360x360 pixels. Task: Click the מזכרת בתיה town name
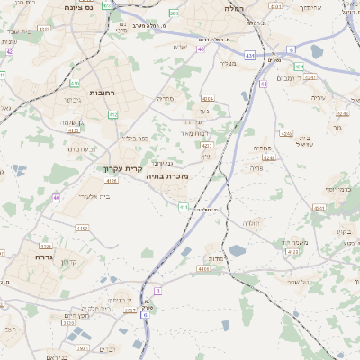pyautogui.click(x=166, y=177)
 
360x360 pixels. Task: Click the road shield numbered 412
pyautogui.click(x=113, y=114)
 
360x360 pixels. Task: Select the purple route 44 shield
pyautogui.click(x=264, y=84)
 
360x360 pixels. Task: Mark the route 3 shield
pyautogui.click(x=157, y=290)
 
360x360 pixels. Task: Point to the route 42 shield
pyautogui.click(x=9, y=51)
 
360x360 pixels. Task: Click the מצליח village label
pyautogui.click(x=228, y=63)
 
